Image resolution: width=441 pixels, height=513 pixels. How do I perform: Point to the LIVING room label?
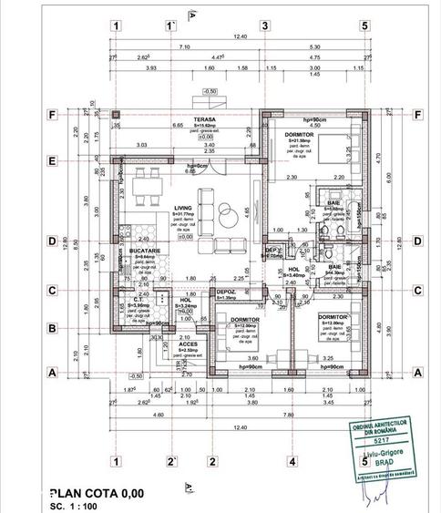point(184,208)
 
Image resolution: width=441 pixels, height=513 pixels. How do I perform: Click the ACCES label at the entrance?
point(189,343)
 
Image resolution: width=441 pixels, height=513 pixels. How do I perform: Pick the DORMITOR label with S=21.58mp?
point(292,132)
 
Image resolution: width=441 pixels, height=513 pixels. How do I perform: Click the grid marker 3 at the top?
point(264,26)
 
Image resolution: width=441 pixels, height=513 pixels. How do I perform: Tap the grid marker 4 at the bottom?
point(292,462)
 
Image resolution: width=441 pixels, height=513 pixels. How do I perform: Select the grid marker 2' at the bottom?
point(170,462)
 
